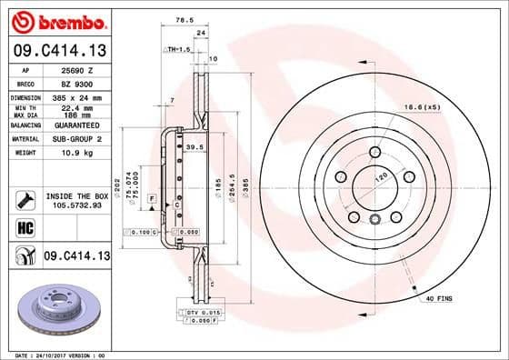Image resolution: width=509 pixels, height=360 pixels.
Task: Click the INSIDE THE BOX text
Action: tap(76, 195)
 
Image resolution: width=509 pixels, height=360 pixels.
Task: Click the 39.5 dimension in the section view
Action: tap(193, 145)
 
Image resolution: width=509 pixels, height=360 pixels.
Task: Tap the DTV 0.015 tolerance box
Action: tap(203, 313)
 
